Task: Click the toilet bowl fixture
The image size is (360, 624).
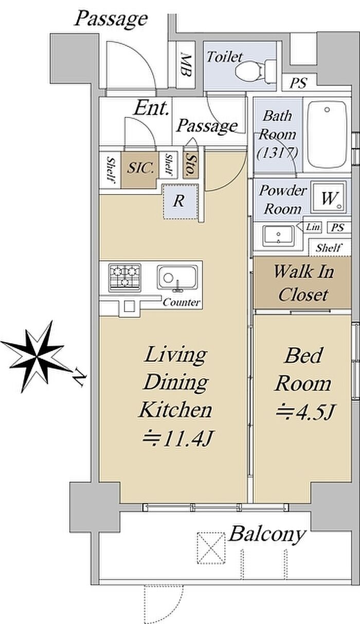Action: tap(256, 71)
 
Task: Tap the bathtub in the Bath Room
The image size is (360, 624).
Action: tap(327, 134)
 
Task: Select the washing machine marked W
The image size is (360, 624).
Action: tap(329, 197)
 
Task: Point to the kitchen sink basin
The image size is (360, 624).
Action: tap(177, 278)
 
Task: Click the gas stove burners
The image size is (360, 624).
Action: tap(124, 277)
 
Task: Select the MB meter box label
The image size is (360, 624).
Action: tap(186, 65)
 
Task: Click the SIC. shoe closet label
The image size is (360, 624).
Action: tap(140, 168)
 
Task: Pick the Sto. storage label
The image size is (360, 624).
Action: tap(191, 165)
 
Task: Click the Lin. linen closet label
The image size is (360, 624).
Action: tap(313, 227)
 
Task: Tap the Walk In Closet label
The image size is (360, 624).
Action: tap(303, 283)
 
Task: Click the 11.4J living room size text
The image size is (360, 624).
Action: tap(177, 438)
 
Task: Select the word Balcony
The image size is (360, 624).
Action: tap(266, 534)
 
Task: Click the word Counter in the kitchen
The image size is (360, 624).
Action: tap(182, 302)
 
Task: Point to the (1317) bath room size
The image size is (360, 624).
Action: tap(277, 153)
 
